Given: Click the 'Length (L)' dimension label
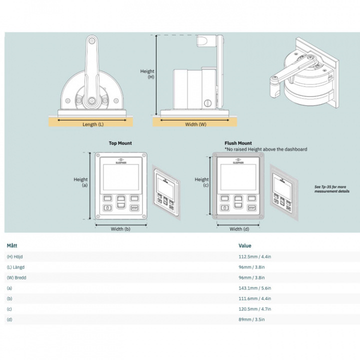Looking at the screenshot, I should tap(93, 124).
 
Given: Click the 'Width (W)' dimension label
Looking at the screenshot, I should tap(195, 124).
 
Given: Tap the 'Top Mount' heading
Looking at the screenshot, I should tap(120, 143).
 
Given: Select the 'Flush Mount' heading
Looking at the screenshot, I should tap(238, 143).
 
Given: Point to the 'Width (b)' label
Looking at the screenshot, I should tap(120, 229).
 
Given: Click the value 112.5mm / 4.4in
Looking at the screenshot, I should tap(255, 256).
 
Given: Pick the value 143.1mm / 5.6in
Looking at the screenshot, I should tap(255, 288).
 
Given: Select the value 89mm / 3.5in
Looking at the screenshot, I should tap(252, 319).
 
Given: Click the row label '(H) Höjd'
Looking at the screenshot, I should tap(15, 256).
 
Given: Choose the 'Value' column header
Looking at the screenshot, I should tap(245, 245).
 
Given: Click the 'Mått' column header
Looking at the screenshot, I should tap(11, 245).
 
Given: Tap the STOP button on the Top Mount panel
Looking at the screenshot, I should tap(134, 207).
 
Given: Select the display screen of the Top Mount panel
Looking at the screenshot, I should tap(120, 177).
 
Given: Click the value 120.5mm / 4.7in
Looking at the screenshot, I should tap(255, 308).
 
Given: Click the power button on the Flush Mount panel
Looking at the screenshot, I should tap(224, 207).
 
